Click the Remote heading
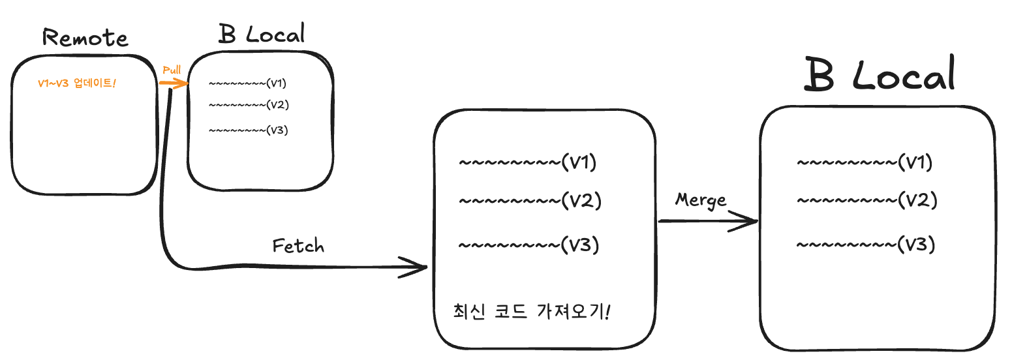[x=85, y=38]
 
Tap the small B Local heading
[x=262, y=34]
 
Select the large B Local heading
[x=880, y=75]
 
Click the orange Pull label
[x=172, y=70]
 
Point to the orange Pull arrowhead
[x=184, y=83]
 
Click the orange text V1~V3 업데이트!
[x=76, y=83]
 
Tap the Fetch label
[x=298, y=246]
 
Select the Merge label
[x=700, y=200]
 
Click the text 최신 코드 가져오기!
[x=531, y=311]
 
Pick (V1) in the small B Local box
[x=277, y=83]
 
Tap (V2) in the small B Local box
[x=278, y=104]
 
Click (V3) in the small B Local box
[x=277, y=130]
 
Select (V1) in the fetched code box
[x=579, y=162]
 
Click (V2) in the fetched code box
[x=581, y=200]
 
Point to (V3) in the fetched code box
[x=580, y=245]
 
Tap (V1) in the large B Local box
[x=915, y=162]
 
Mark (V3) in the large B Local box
[x=917, y=244]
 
